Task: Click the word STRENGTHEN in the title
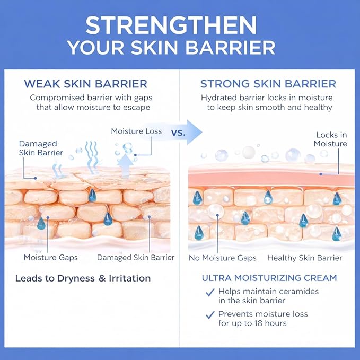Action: coord(171,25)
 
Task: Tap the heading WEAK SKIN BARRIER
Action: coord(86,84)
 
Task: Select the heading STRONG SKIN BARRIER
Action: coord(268,84)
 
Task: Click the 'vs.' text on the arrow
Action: coord(178,133)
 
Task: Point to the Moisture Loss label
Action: coord(136,131)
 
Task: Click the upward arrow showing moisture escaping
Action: coord(125,166)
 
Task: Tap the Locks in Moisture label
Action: coord(330,139)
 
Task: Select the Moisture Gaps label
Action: coord(51,258)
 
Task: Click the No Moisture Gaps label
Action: coord(223,258)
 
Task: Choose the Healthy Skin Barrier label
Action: coord(305,258)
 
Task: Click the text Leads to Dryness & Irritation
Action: coord(83,278)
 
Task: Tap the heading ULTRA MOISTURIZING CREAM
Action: coord(269,278)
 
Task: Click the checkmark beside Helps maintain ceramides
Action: coord(210,292)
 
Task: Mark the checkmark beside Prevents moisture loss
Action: coord(210,315)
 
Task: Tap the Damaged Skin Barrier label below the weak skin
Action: coord(136,258)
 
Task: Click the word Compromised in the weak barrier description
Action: coord(57,98)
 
